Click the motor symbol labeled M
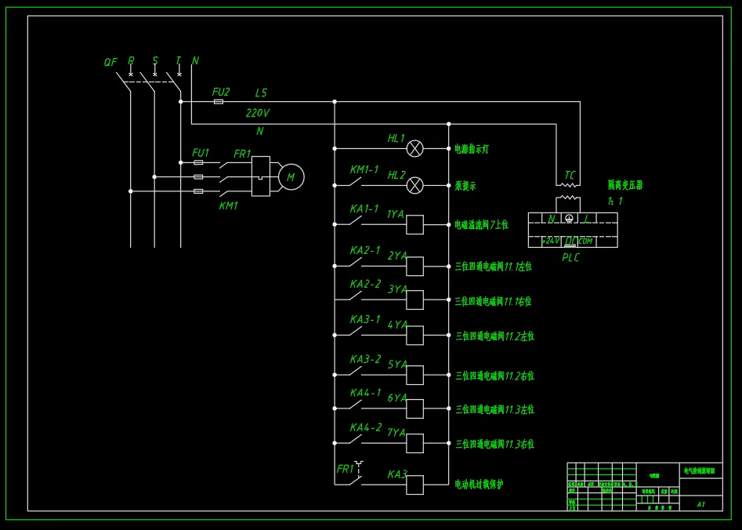(291, 177)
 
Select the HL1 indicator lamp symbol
(415, 147)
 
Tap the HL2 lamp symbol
(415, 185)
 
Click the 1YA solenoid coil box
(414, 224)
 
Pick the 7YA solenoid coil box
(414, 443)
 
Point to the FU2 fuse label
(221, 92)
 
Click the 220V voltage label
(257, 113)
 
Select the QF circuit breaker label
(110, 62)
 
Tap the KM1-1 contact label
(364, 169)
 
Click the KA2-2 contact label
(365, 284)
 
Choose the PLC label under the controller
(571, 257)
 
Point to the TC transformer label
(570, 175)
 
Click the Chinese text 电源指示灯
(472, 148)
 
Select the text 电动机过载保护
(479, 485)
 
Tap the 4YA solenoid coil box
(414, 335)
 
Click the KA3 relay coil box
(414, 485)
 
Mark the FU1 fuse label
(201, 153)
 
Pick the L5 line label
(261, 93)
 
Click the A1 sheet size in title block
(701, 504)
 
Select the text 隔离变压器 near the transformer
(625, 185)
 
